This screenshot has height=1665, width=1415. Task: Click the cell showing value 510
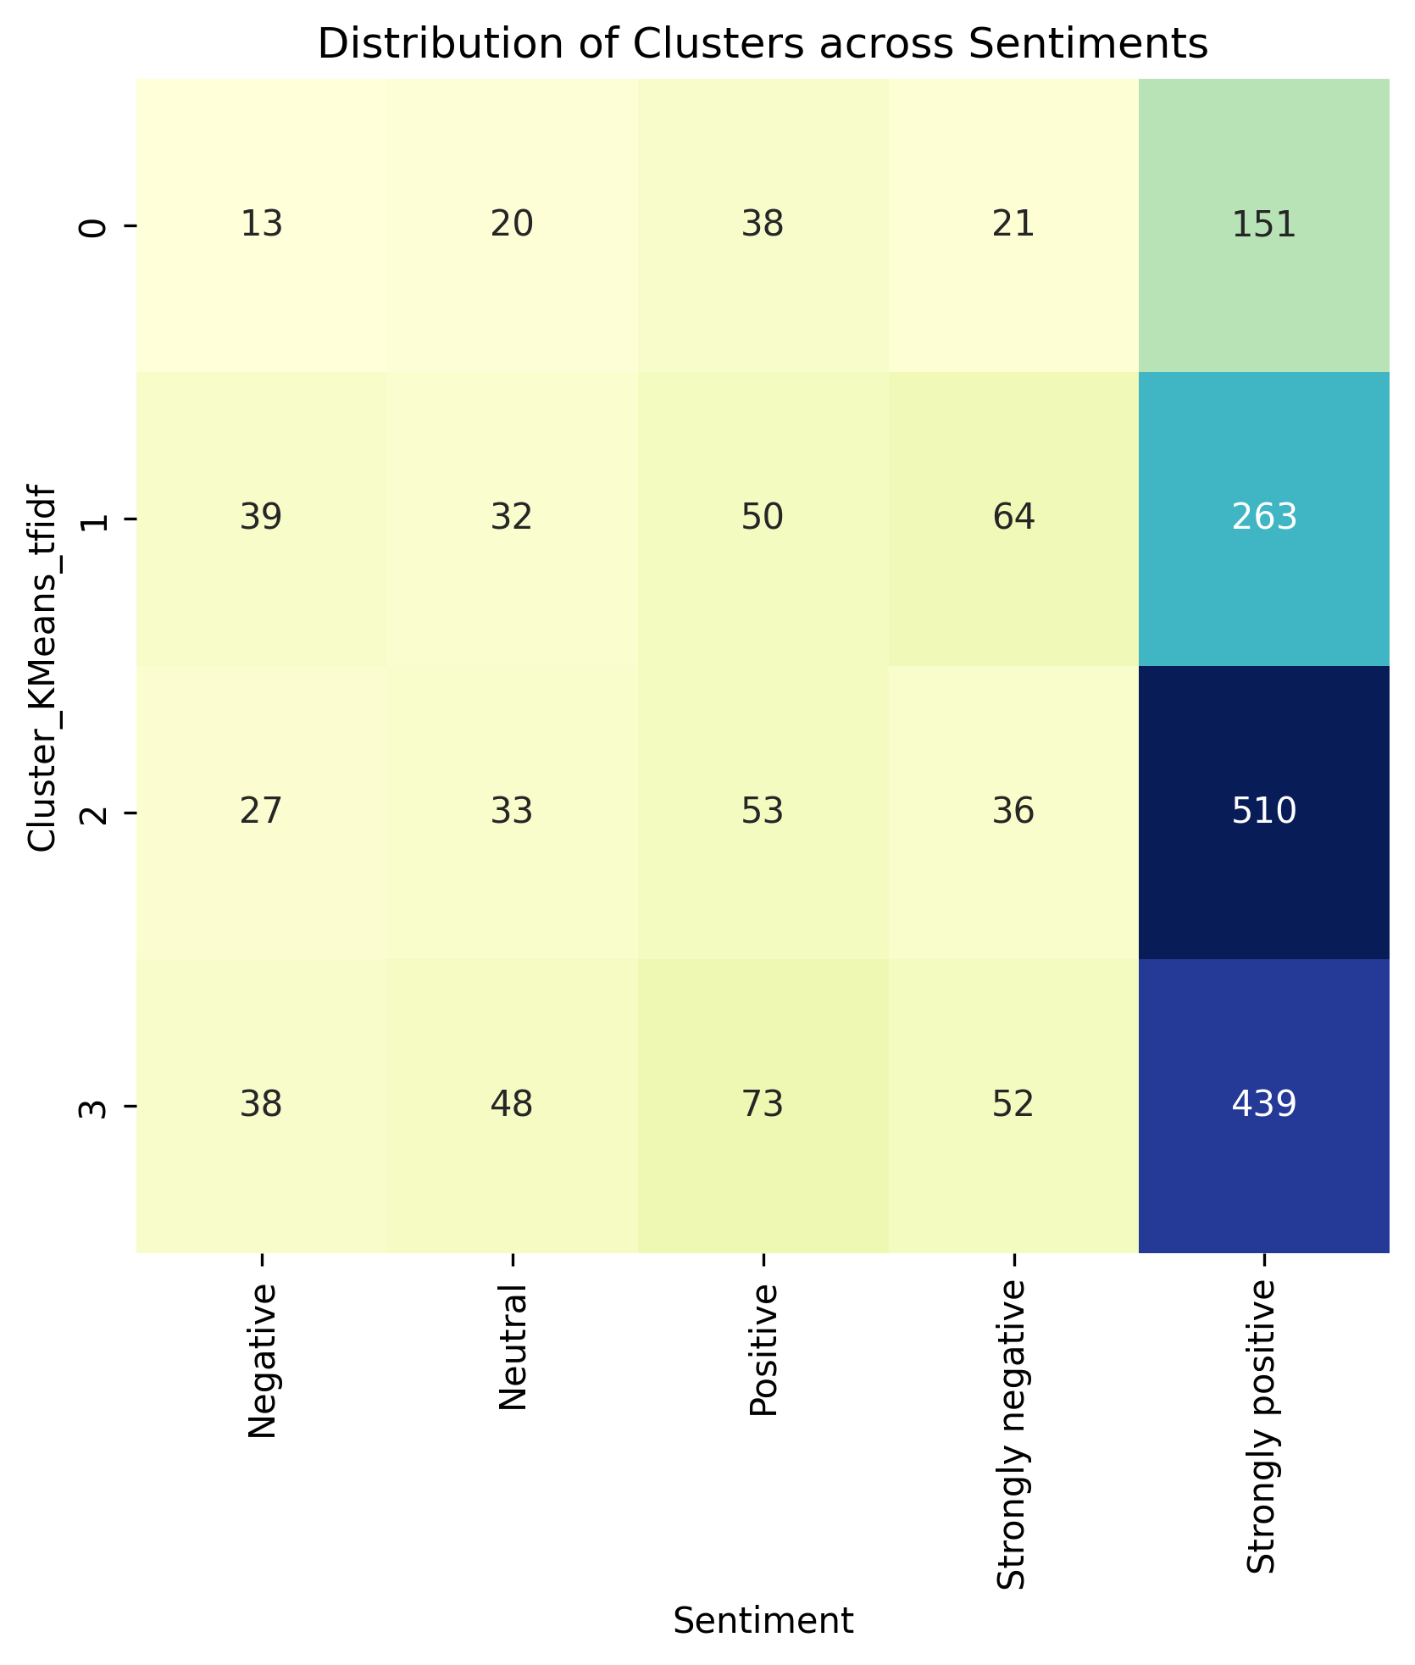click(1263, 813)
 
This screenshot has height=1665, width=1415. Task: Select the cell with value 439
click(1263, 1106)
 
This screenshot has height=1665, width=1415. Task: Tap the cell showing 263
click(1263, 519)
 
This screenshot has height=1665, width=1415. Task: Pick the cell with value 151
click(1263, 225)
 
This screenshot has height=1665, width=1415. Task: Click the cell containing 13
click(261, 225)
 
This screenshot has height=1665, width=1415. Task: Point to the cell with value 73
click(763, 1106)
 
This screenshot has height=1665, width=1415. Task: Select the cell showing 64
click(1013, 519)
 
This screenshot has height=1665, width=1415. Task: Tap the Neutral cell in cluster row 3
click(512, 1106)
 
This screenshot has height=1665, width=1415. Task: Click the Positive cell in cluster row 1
click(763, 519)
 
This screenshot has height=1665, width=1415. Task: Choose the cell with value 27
click(261, 813)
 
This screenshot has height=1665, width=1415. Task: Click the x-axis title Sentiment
click(763, 1622)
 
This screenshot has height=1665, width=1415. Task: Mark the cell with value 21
click(1013, 225)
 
